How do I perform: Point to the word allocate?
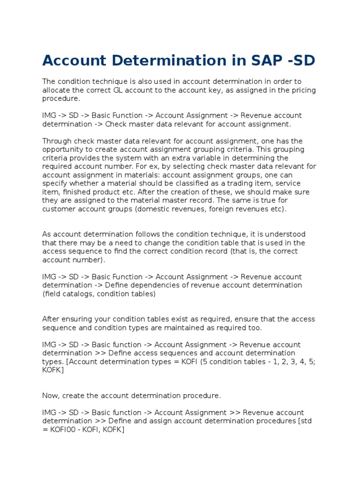57,90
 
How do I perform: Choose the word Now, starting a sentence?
52,396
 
